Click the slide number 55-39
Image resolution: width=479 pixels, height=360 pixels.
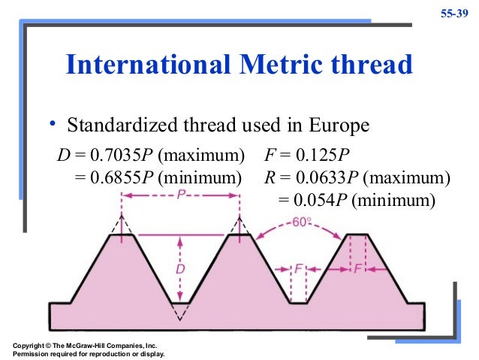pos(454,14)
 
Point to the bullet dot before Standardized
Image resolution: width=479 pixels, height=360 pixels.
pos(53,123)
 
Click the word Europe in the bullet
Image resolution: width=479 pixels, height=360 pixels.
pos(343,125)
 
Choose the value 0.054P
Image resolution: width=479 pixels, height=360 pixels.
pos(321,200)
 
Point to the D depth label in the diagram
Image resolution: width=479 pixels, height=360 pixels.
pos(180,268)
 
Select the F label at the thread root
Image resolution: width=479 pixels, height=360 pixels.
pos(300,268)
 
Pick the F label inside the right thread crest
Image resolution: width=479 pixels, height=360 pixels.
pos(357,268)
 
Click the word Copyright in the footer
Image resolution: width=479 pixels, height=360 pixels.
pos(32,344)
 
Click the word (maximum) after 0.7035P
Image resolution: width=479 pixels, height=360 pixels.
pos(201,157)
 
